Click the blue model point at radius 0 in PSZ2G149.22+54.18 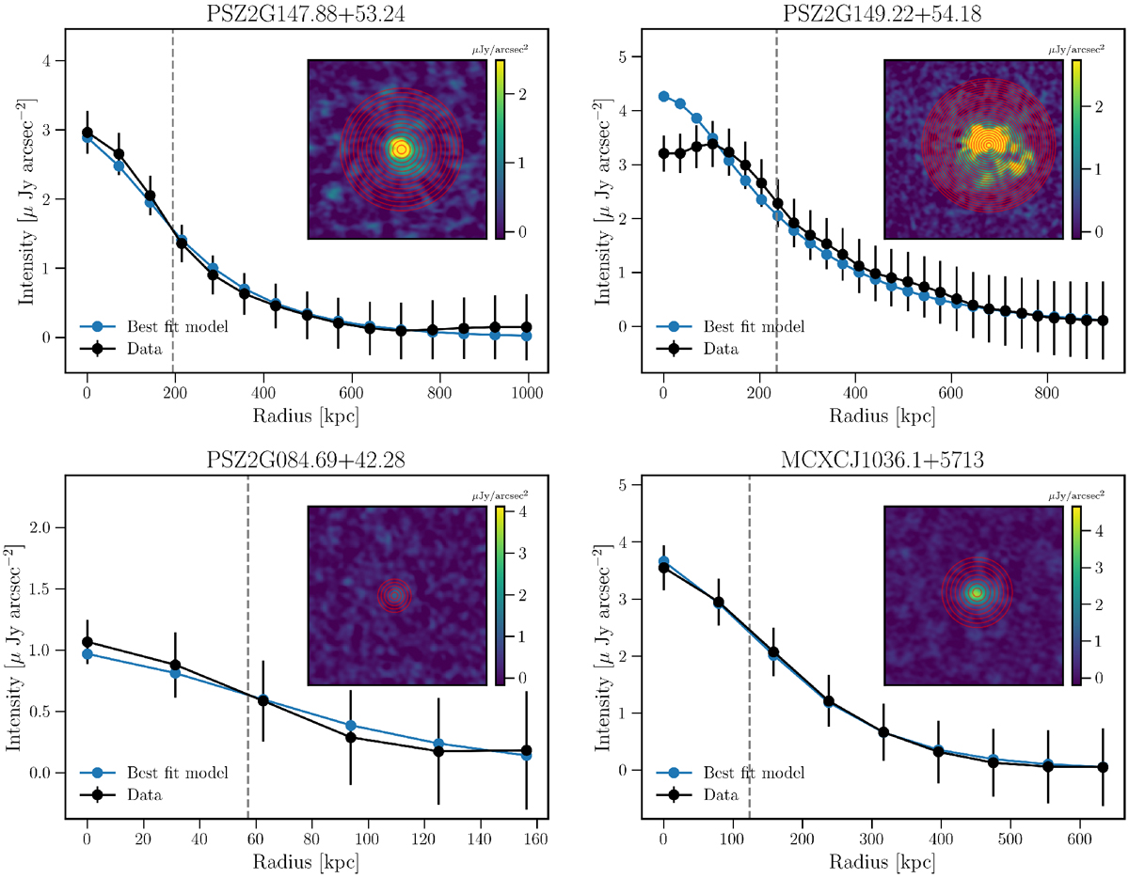[663, 96]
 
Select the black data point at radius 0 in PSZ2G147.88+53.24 [87, 133]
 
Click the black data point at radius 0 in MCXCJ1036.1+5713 [663, 568]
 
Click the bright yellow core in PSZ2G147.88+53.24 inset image [402, 149]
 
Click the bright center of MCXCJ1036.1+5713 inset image [977, 593]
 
